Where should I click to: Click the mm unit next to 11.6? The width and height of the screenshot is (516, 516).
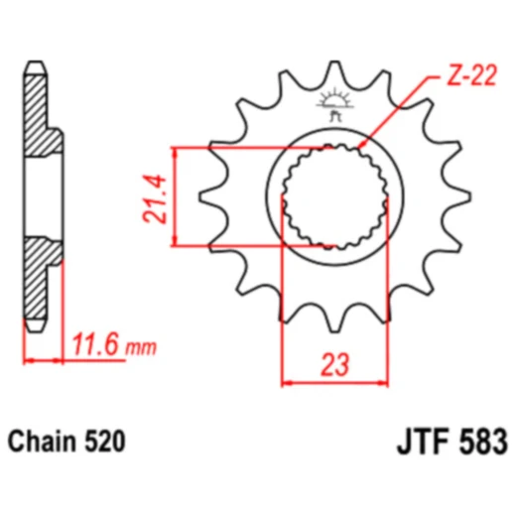(142, 348)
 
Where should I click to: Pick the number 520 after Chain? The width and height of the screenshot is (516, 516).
(105, 439)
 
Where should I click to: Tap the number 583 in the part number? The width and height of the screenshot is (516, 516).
(478, 439)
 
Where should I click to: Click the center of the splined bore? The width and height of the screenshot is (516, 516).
(333, 196)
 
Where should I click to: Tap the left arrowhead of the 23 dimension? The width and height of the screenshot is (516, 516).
(289, 380)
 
